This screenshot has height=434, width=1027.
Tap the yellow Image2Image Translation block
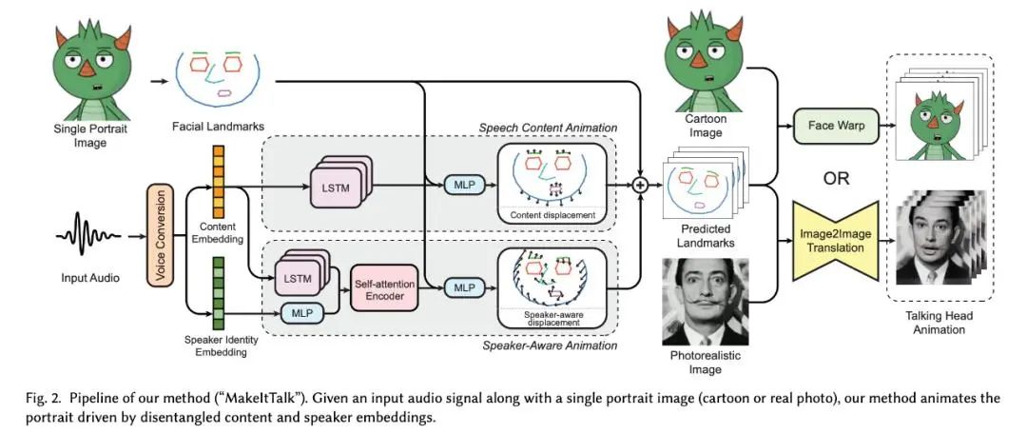[x=835, y=241]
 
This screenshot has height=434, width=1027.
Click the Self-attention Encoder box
[x=379, y=289]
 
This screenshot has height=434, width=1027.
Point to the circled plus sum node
[x=641, y=186]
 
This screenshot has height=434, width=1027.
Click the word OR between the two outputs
[x=837, y=178]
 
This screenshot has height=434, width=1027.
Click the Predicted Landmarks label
[x=706, y=236]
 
